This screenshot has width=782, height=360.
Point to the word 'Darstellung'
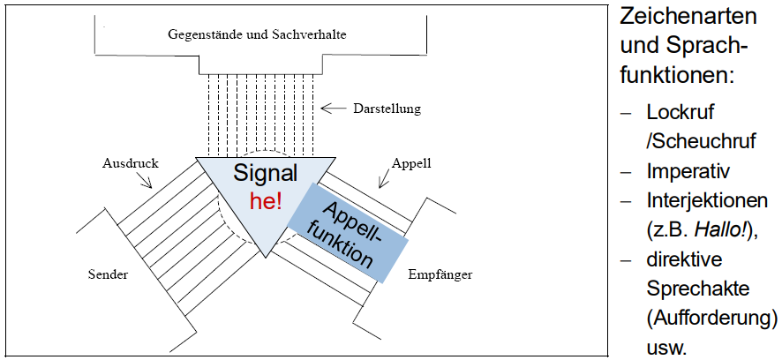[387, 109]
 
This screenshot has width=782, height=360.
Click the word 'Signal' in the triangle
[266, 173]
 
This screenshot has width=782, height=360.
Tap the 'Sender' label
[108, 274]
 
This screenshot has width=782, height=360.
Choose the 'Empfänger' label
[440, 274]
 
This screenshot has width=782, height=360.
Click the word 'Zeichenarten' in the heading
[688, 16]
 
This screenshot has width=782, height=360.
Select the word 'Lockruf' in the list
[680, 113]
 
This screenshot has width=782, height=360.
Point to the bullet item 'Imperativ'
[687, 170]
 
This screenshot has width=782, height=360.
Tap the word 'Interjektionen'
[706, 200]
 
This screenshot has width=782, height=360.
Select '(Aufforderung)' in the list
[711, 318]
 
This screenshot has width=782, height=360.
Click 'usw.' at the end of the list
[666, 347]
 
